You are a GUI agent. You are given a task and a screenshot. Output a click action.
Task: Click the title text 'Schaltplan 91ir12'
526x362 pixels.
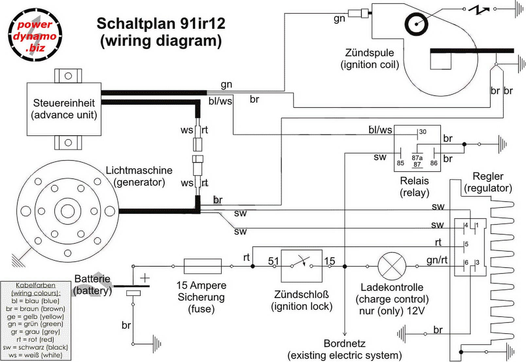pyautogui.click(x=161, y=24)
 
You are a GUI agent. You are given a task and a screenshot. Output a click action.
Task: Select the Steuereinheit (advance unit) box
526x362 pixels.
pyautogui.click(x=64, y=109)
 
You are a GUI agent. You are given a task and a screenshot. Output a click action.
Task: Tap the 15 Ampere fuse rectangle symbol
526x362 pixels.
pyautogui.click(x=202, y=266)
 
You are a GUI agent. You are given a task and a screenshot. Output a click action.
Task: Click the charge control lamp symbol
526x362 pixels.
pyautogui.click(x=392, y=266)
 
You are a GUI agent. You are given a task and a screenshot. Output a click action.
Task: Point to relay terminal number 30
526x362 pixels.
pyautogui.click(x=422, y=132)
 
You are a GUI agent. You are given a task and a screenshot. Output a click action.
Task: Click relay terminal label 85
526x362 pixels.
pyautogui.click(x=400, y=163)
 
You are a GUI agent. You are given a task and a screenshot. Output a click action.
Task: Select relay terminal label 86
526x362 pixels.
pyautogui.click(x=434, y=163)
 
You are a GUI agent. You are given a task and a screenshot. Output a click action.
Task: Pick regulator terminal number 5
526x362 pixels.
pyautogui.click(x=466, y=244)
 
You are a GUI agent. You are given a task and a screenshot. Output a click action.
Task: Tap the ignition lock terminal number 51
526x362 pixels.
pyautogui.click(x=273, y=261)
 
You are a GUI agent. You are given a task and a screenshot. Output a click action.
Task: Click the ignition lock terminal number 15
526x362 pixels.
pyautogui.click(x=330, y=261)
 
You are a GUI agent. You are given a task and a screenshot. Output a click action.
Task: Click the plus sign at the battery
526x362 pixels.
pyautogui.click(x=145, y=278)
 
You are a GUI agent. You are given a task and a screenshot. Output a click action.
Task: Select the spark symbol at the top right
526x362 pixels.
pyautogui.click(x=479, y=9)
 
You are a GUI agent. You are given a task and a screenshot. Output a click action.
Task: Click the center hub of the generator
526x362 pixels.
pyautogui.click(x=68, y=211)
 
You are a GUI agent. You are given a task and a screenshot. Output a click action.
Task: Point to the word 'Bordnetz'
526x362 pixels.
pyautogui.click(x=344, y=343)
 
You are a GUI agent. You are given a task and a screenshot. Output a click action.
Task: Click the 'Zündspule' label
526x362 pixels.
pyautogui.click(x=369, y=53)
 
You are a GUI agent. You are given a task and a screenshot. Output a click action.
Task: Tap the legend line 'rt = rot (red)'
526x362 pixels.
pyautogui.click(x=35, y=339)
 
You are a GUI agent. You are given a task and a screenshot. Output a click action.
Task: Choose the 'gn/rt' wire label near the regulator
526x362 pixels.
pyautogui.click(x=437, y=260)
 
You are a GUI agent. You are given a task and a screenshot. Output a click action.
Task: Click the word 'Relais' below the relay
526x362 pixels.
pyautogui.click(x=414, y=181)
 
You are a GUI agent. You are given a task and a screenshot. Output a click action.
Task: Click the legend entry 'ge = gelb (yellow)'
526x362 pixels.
pyautogui.click(x=35, y=317)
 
